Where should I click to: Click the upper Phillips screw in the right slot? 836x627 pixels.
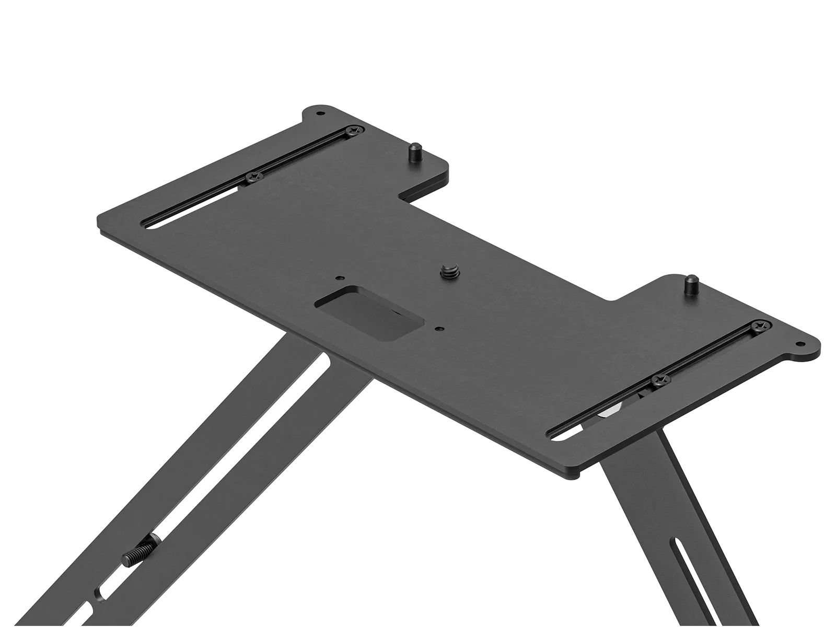760,327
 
